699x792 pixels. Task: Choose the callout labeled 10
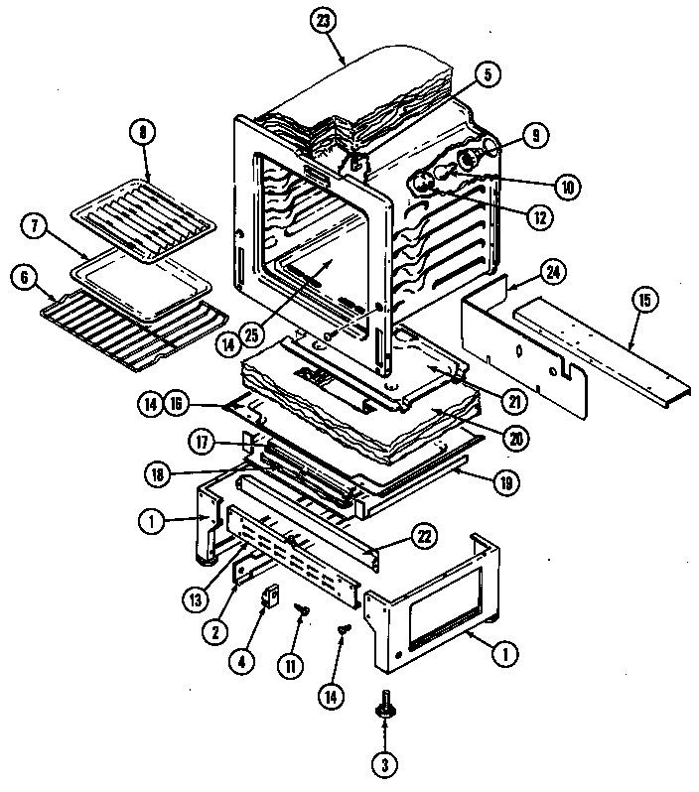(x=567, y=185)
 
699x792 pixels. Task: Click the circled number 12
(x=539, y=217)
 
